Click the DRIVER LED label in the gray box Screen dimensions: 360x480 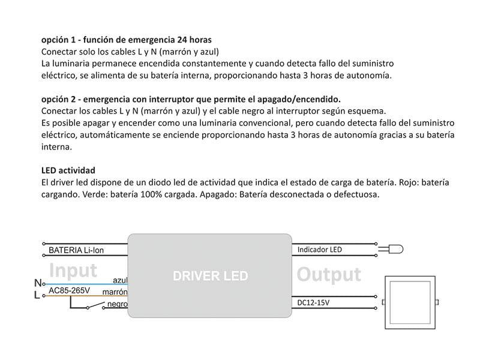point(210,277)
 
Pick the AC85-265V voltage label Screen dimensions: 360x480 point(69,291)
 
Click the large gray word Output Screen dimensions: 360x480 point(329,275)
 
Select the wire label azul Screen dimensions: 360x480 point(120,280)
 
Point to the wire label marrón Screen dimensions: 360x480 point(115,292)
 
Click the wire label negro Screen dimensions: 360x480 point(117,304)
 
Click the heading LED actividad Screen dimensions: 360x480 point(68,170)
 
